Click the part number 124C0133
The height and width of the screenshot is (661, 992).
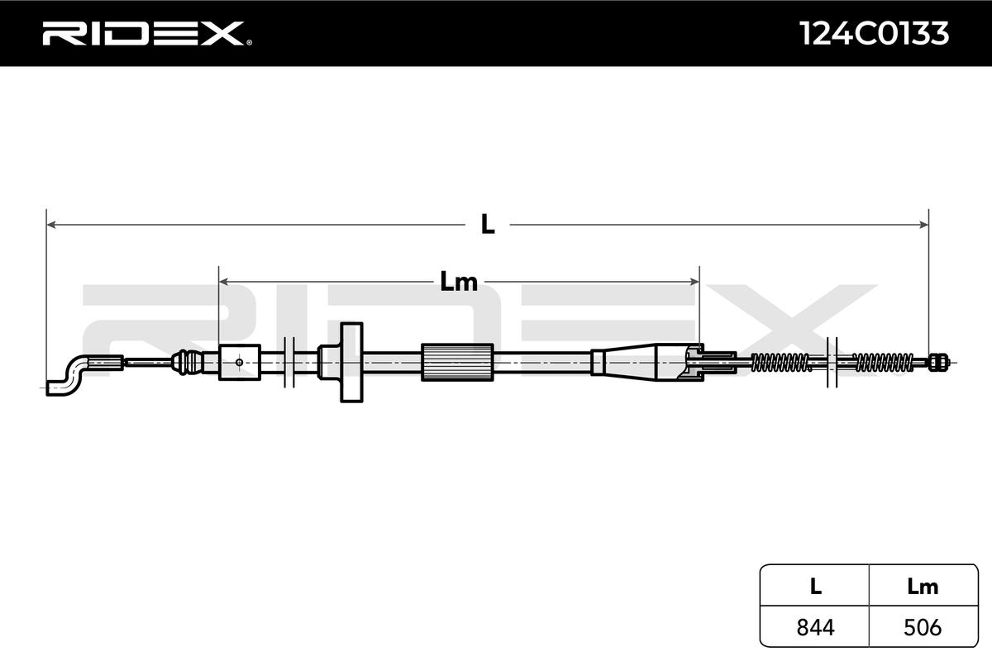pos(873,33)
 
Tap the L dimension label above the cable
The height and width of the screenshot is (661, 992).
pos(488,224)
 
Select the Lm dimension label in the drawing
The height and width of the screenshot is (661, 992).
pos(458,282)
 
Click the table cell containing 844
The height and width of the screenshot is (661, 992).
pos(814,627)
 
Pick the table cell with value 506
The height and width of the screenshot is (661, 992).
pos(923,627)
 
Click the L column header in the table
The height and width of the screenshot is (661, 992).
pos(814,587)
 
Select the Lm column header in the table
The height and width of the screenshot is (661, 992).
pos(923,587)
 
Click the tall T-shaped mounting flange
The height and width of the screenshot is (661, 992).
pos(351,362)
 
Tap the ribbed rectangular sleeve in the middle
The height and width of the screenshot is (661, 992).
pos(457,362)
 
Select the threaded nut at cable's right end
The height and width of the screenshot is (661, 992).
pos(937,361)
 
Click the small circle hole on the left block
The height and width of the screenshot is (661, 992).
pos(239,361)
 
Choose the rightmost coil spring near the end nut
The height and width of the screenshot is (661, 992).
pos(883,361)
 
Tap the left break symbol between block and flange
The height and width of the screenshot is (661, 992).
pos(289,361)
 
